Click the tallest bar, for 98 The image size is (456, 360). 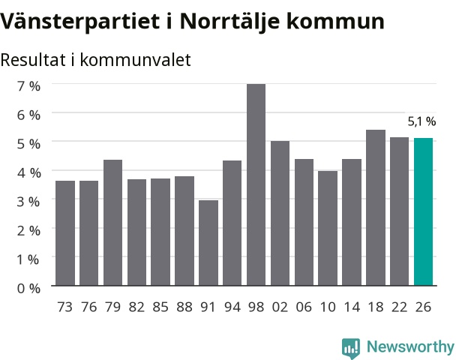[x=256, y=184]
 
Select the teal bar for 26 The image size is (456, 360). [x=423, y=211]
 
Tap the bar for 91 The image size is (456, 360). [x=208, y=243]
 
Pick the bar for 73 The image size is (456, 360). [x=65, y=233]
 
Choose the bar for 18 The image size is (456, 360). [x=376, y=208]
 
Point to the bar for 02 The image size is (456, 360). [x=280, y=213]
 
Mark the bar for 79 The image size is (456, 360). [x=112, y=223]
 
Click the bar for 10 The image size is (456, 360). [x=328, y=228]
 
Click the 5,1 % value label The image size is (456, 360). [x=421, y=121]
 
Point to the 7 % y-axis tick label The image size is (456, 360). [x=28, y=86]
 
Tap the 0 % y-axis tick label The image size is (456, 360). [x=28, y=289]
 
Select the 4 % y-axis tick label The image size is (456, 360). [x=28, y=173]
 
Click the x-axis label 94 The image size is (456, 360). [x=232, y=307]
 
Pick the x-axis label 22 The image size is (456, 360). [x=399, y=307]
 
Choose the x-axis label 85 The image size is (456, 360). [x=160, y=307]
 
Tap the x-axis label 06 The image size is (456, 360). [x=304, y=307]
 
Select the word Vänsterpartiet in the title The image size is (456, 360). [x=79, y=21]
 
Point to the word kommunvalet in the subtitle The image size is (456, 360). [x=135, y=60]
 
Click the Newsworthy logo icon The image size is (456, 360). [x=351, y=348]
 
